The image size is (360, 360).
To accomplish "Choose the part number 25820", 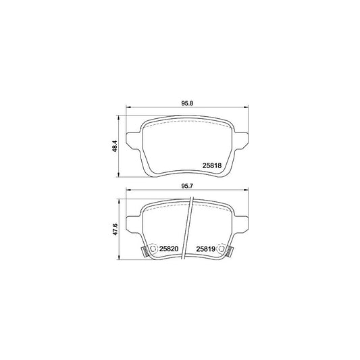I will (x=168, y=249).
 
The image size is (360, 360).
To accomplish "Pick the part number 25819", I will (x=206, y=249).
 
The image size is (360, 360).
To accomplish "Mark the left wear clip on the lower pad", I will (x=144, y=252).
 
